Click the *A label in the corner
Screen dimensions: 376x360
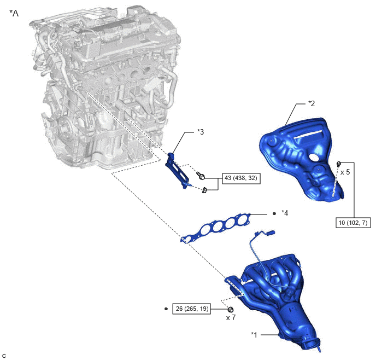coord(14,13)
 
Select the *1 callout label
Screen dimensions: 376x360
coord(254,335)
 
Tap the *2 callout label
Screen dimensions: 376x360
coord(312,103)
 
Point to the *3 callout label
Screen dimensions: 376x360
coord(201,132)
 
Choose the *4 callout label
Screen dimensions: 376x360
coord(285,213)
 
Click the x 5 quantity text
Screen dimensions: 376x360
coord(345,172)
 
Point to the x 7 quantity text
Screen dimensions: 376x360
coord(231,317)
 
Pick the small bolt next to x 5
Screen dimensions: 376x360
coord(339,164)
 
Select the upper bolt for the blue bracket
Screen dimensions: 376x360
coord(201,176)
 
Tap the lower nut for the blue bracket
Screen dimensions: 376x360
coord(204,190)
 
